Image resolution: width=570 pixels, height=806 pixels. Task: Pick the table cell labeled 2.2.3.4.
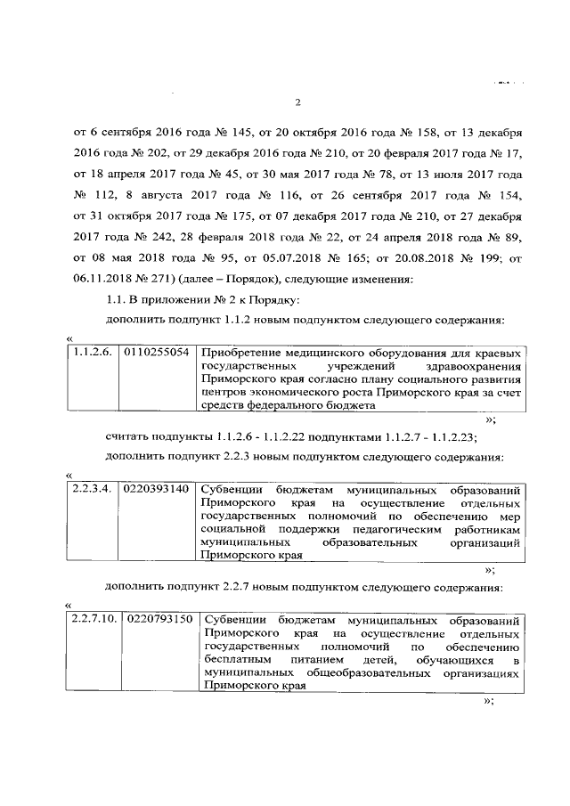(94, 490)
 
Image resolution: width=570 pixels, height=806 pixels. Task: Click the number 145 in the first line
(243, 132)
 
